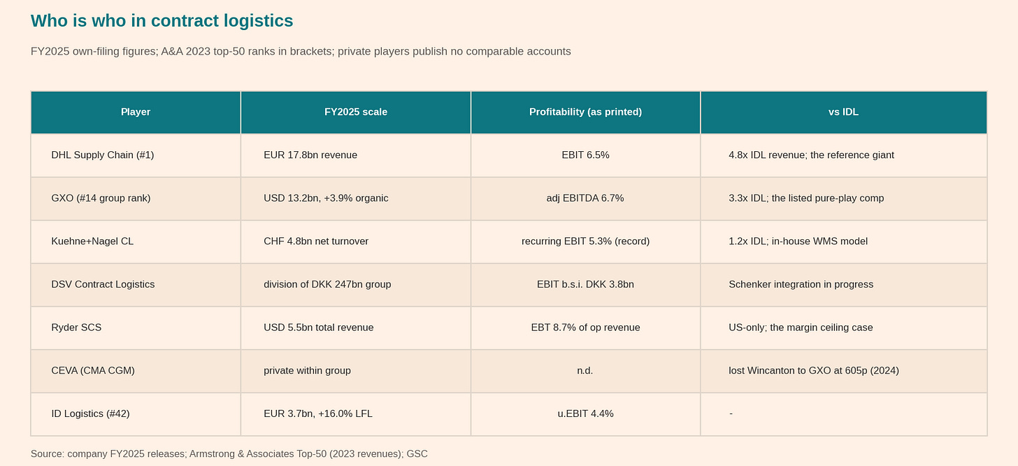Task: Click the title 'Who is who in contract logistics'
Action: [x=162, y=21]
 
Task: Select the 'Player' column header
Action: [x=136, y=112]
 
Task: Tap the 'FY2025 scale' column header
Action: [x=356, y=112]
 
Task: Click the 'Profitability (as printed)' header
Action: [x=585, y=112]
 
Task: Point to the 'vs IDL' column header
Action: [x=843, y=112]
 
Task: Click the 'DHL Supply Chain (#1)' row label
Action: [x=103, y=155]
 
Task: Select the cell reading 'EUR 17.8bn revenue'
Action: [x=310, y=155]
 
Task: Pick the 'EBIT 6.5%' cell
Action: [x=585, y=155]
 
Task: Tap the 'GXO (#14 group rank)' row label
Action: [x=101, y=198]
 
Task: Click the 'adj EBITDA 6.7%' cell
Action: [x=585, y=198]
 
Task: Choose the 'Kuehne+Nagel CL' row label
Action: [x=92, y=241]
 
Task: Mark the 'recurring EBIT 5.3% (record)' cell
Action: [x=585, y=241]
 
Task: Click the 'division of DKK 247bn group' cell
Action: [x=327, y=285]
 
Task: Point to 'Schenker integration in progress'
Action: [x=801, y=285]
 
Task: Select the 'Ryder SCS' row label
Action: [x=76, y=327]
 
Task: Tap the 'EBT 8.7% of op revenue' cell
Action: [x=585, y=327]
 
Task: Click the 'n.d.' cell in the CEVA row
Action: [x=585, y=371]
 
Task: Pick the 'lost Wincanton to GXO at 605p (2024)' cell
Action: [x=814, y=371]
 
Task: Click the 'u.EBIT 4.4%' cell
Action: [x=585, y=414]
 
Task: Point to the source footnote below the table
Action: [x=229, y=453]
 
